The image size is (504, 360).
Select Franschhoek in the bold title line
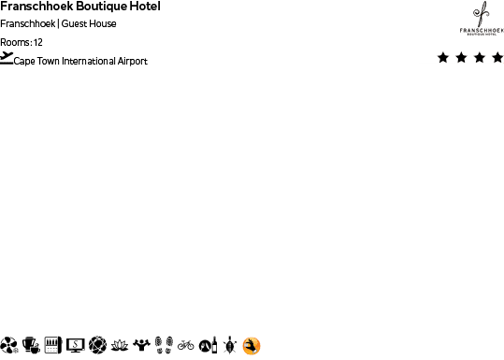[x=37, y=7]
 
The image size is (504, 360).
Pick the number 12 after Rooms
[x=38, y=42]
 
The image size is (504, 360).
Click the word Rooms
[x=16, y=42]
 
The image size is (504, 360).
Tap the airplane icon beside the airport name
[x=7, y=58]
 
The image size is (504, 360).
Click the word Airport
[x=132, y=62]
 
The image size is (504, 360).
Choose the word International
[x=89, y=62]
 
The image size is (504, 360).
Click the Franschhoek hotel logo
[x=482, y=19]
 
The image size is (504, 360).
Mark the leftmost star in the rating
[x=442, y=58]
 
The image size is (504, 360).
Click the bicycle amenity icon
[x=185, y=345]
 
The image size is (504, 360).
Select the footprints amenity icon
[x=164, y=345]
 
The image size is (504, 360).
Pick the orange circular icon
[x=251, y=345]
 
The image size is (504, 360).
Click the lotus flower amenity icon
[x=120, y=345]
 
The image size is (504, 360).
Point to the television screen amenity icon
[x=75, y=345]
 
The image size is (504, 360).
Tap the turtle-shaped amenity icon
[x=229, y=345]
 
